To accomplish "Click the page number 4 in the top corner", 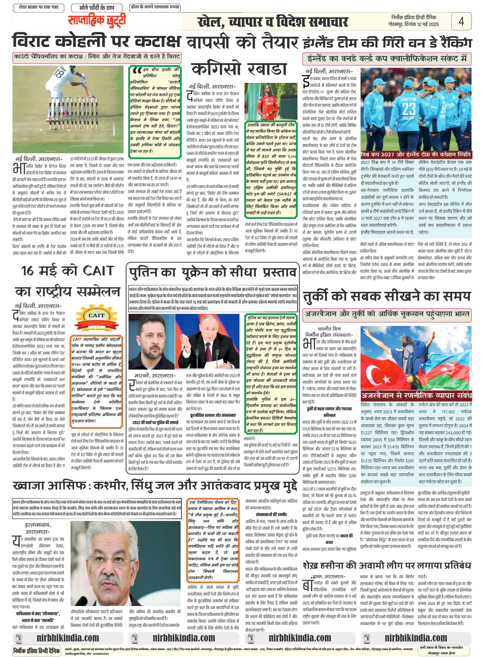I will (461, 21).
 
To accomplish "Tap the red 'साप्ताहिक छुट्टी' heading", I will (97, 21).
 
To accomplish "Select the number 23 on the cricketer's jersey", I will (408, 109).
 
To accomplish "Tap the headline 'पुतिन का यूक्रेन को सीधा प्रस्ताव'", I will (213, 272).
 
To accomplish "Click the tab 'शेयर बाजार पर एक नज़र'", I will (38, 7).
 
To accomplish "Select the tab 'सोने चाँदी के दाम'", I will (97, 8).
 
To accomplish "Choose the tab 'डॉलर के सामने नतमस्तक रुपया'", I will (155, 7).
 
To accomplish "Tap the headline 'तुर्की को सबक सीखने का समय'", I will (387, 296).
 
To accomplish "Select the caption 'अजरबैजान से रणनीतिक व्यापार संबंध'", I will (416, 395).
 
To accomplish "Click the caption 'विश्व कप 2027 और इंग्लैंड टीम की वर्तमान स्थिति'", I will (415, 154).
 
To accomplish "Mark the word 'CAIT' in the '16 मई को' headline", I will (98, 271).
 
